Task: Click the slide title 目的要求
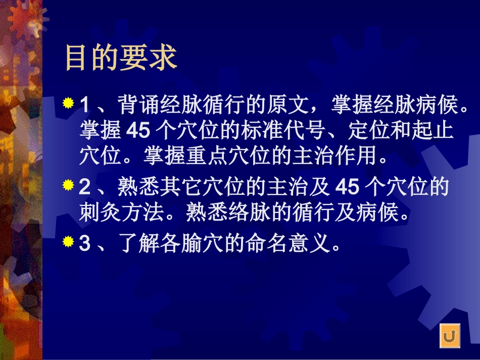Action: pos(121,58)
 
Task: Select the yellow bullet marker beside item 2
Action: pos(68,186)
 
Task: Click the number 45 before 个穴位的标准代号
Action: pos(138,131)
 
